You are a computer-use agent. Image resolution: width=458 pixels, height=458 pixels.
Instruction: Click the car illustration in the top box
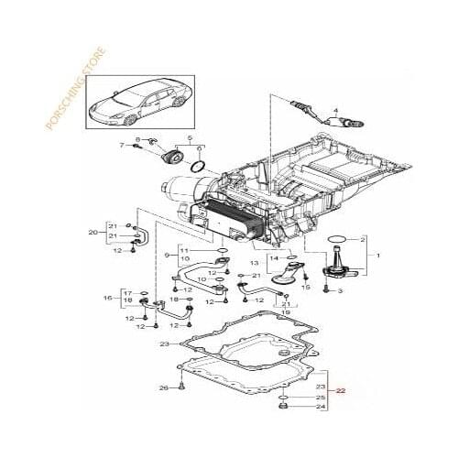[x=134, y=103]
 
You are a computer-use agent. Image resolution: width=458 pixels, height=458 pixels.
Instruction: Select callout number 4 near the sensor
[x=334, y=109]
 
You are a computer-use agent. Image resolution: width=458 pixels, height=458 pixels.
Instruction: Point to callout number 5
[x=190, y=139]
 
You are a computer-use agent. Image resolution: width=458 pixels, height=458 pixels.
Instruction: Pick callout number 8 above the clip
[x=137, y=139]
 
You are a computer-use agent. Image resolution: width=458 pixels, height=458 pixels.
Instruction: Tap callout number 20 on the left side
[x=93, y=233]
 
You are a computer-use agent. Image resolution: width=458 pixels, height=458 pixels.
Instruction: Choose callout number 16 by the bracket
[x=107, y=298]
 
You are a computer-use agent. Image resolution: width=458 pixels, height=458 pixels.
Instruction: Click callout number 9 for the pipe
[x=168, y=255]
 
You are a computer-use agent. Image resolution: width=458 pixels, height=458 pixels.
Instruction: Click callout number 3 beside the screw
[x=339, y=290]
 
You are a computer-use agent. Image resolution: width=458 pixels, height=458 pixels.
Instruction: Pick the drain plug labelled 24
[x=283, y=405]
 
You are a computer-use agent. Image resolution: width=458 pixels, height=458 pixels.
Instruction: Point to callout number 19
[x=285, y=312]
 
